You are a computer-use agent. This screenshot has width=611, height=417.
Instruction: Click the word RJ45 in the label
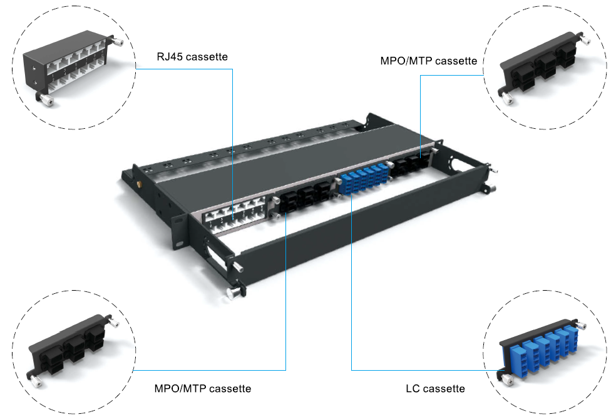(x=170, y=58)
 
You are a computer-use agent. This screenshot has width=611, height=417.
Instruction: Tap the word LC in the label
(x=413, y=389)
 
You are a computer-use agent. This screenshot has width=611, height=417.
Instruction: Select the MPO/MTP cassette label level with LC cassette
(x=202, y=389)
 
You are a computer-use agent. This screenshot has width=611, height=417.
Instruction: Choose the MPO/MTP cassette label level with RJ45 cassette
(x=429, y=61)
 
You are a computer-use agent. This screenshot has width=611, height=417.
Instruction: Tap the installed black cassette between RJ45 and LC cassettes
(x=304, y=198)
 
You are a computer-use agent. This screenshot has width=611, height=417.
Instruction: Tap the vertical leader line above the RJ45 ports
(x=232, y=138)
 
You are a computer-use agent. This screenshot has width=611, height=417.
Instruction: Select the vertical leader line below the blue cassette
(x=352, y=281)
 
